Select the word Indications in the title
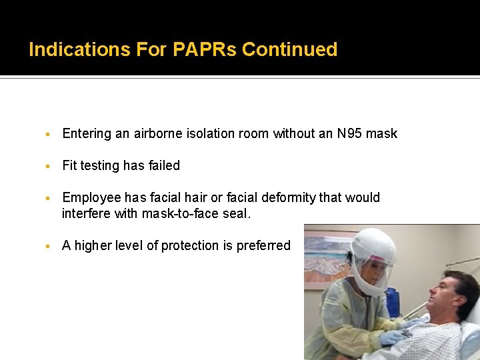79,50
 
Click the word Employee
91,197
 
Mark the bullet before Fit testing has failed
49,165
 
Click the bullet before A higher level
49,245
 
